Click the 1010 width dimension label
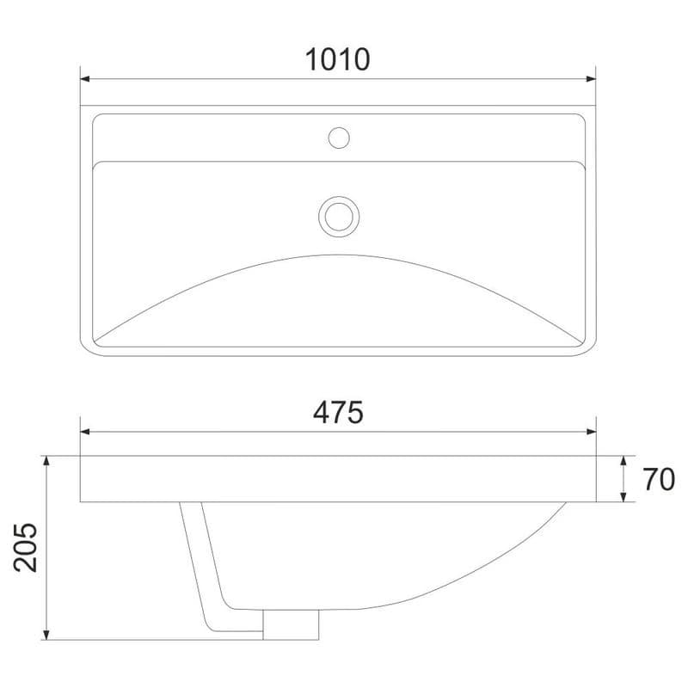(x=337, y=59)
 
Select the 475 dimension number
(x=338, y=413)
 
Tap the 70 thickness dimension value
(x=659, y=479)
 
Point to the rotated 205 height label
(x=26, y=548)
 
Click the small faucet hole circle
(x=339, y=138)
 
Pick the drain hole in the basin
(x=339, y=217)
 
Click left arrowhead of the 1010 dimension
(x=85, y=79)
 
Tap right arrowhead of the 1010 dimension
(x=591, y=79)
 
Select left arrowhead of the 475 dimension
(x=85, y=432)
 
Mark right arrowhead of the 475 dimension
(x=591, y=432)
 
